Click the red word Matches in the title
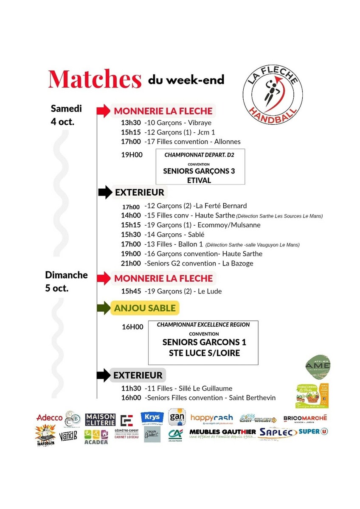(x=95, y=79)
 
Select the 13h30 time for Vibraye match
(x=131, y=123)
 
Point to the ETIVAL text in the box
(x=199, y=180)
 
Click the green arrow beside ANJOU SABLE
(x=104, y=308)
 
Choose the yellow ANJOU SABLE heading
(x=145, y=308)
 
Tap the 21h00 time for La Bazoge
(x=131, y=263)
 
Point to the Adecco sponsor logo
(x=50, y=418)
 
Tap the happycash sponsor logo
(x=211, y=418)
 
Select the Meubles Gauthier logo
(x=222, y=433)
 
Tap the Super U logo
(x=313, y=432)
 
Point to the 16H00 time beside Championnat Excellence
(x=132, y=327)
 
